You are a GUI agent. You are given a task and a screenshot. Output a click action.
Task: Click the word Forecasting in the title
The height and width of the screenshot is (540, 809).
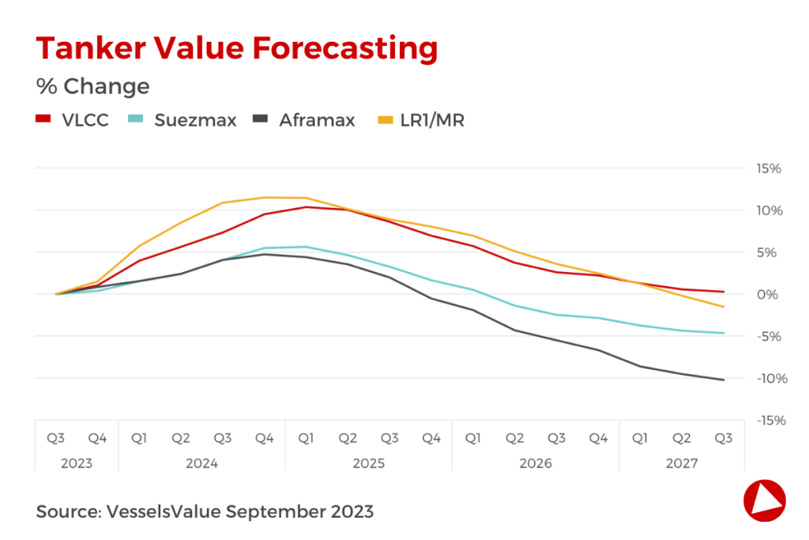(x=344, y=49)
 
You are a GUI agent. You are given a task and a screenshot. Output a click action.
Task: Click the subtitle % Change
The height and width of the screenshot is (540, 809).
(x=92, y=85)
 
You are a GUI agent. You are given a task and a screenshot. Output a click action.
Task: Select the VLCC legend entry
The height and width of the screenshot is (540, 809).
(x=72, y=120)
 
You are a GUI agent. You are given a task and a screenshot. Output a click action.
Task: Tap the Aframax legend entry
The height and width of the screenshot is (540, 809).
(x=303, y=120)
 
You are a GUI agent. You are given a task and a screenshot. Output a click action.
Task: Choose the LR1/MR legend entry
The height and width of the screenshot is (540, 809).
(x=420, y=120)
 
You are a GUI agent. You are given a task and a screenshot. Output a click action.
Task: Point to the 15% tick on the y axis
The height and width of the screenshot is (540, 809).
(x=769, y=168)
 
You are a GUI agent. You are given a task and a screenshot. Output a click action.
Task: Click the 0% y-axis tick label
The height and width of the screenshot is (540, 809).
(x=772, y=294)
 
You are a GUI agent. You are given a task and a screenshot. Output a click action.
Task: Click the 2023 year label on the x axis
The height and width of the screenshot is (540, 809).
(x=77, y=463)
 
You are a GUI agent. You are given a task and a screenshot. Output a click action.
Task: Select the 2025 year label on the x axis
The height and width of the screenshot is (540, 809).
(x=369, y=463)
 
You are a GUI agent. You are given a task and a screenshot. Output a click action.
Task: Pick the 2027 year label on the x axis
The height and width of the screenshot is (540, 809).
(x=682, y=463)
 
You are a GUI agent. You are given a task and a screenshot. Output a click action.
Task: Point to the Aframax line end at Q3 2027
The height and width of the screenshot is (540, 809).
(x=724, y=380)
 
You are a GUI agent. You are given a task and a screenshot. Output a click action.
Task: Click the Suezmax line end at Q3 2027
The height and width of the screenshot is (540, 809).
(x=724, y=333)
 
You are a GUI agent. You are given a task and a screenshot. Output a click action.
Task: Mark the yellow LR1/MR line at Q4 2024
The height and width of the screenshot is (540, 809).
(x=265, y=198)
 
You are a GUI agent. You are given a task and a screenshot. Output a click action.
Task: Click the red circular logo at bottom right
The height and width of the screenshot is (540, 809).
(x=764, y=500)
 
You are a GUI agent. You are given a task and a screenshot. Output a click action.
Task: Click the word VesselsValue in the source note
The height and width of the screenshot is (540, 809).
(x=163, y=512)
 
